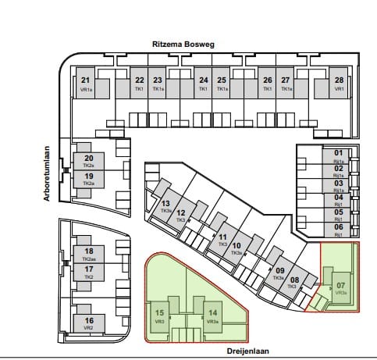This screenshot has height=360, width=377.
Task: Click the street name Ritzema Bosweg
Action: pyautogui.click(x=188, y=46)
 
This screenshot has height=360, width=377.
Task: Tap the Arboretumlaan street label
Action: pyautogui.click(x=48, y=172)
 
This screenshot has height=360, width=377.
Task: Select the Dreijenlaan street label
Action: pyautogui.click(x=247, y=351)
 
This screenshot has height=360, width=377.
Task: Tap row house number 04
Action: pyautogui.click(x=339, y=198)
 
